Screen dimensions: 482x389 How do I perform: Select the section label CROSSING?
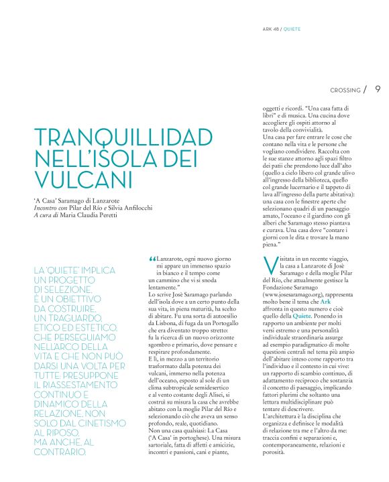tap(345, 90)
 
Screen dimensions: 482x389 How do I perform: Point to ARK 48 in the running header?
tap(271, 30)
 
